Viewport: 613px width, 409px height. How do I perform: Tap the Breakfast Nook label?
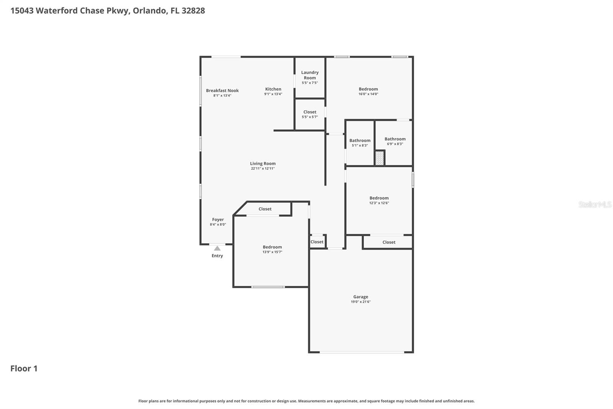(x=222, y=91)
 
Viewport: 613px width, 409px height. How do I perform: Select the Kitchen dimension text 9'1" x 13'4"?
(x=273, y=94)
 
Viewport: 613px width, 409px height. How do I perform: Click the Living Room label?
(x=263, y=163)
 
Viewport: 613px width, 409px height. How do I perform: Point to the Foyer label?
(x=218, y=219)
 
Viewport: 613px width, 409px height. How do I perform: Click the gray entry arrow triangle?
(x=217, y=248)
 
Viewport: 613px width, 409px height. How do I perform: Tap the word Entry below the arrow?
(x=217, y=256)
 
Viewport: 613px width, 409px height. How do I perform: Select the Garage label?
(x=361, y=297)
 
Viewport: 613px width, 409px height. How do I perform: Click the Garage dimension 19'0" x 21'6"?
(x=361, y=302)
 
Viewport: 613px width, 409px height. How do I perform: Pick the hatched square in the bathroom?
(x=379, y=158)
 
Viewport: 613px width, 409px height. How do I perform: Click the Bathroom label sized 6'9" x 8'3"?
(x=395, y=139)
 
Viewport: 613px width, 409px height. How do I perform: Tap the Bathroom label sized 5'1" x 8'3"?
(x=360, y=140)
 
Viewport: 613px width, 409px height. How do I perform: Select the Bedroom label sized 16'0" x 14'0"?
(x=368, y=89)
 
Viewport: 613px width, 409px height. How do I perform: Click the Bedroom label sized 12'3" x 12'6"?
(x=379, y=198)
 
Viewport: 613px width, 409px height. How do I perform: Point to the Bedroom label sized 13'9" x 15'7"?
(x=272, y=247)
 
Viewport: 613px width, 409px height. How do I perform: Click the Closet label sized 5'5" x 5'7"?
(x=310, y=112)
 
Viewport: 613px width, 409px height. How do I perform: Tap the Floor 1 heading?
(x=24, y=368)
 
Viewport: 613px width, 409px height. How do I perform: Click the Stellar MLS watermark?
(x=595, y=204)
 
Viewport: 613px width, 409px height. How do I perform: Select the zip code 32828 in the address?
(x=193, y=10)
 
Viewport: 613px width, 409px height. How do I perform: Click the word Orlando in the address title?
(x=149, y=10)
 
